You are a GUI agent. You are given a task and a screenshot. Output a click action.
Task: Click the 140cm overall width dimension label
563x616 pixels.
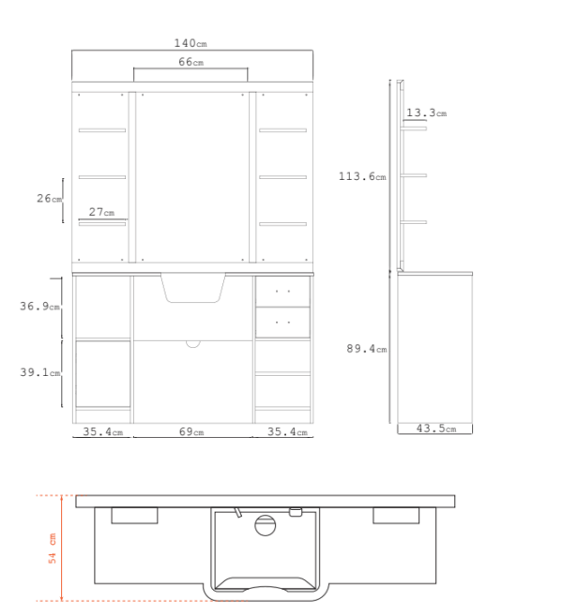[190, 43]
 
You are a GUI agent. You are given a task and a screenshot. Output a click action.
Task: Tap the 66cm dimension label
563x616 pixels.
[191, 62]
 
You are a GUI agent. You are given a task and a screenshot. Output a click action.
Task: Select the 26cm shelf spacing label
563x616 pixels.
[50, 199]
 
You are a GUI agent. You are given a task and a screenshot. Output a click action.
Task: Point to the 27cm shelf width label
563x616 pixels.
[101, 212]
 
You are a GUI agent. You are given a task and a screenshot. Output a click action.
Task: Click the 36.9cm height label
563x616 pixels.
[39, 306]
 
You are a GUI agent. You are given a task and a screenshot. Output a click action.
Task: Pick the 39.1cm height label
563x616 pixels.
[40, 372]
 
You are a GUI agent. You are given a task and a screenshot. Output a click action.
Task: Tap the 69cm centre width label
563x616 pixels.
[191, 431]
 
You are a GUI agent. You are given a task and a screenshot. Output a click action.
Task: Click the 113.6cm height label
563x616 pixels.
[362, 176]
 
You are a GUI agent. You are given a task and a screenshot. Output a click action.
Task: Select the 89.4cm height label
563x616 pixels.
[367, 349]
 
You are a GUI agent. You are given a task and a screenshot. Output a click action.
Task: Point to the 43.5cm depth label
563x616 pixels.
[436, 428]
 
